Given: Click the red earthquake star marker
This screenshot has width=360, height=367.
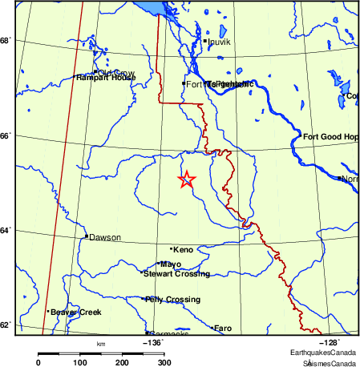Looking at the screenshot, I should click(186, 179).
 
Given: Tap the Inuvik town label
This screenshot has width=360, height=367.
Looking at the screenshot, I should click(219, 41).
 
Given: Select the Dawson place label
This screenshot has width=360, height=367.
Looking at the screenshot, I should click(104, 237).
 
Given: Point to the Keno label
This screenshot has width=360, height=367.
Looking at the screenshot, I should click(183, 250).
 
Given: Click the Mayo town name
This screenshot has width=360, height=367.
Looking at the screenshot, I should click(171, 264).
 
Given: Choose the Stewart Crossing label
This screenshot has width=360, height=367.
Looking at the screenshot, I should click(177, 274).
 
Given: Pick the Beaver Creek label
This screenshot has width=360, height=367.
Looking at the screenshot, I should click(76, 312).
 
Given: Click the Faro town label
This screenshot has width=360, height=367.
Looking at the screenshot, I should click(223, 328).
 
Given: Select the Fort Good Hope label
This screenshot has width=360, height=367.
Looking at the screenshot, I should click(330, 137).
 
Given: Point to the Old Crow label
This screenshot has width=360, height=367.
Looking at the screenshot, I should click(116, 73).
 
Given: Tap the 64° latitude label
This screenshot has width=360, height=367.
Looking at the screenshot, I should click(5, 231).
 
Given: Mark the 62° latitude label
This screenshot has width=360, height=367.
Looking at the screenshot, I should click(5, 325).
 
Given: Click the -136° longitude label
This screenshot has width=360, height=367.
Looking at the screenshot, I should click(152, 342).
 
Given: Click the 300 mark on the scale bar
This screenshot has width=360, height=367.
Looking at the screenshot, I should click(163, 362).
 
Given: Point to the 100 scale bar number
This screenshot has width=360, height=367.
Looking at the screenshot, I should click(80, 362).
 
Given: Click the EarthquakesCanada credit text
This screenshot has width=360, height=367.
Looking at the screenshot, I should click(323, 353).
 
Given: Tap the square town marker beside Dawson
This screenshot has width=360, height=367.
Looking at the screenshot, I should click(86, 236).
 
